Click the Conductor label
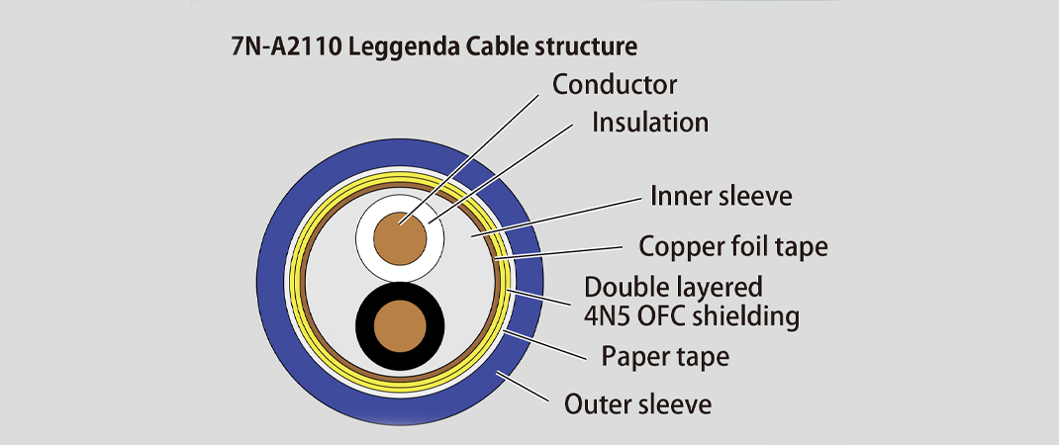click(x=614, y=84)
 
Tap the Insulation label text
click(x=649, y=122)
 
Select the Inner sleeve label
click(x=721, y=195)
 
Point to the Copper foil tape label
click(x=733, y=245)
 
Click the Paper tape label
click(x=664, y=356)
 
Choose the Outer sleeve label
click(x=636, y=403)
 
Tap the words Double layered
click(x=673, y=288)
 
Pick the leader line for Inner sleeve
click(x=554, y=217)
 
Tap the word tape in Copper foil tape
click(x=804, y=245)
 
